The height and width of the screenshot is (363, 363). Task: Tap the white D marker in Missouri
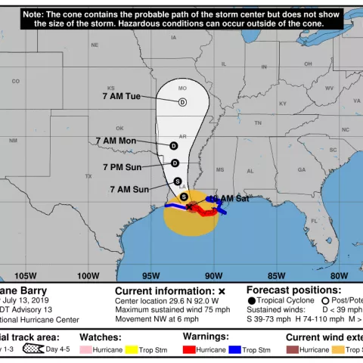(x=182, y=102)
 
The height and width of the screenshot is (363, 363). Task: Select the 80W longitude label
(x=339, y=275)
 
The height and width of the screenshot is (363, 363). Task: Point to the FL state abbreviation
(x=314, y=220)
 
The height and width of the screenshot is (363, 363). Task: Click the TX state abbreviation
(x=88, y=175)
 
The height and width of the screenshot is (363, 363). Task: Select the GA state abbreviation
(x=301, y=169)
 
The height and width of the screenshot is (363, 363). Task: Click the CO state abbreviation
(x=15, y=81)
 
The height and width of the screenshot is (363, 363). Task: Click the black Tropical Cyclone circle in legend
(x=251, y=300)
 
